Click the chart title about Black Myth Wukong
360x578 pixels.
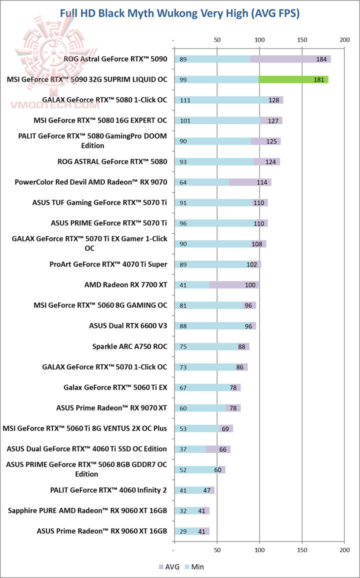tap(180, 13)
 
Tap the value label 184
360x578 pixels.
tap(321, 59)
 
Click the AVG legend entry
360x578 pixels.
tap(168, 566)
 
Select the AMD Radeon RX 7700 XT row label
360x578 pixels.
tap(125, 284)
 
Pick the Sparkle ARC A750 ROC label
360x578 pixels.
tap(129, 346)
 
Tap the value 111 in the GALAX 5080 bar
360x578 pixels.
tap(185, 100)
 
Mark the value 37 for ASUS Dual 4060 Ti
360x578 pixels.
tap(183, 449)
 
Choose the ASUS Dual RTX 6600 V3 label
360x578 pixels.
tap(128, 325)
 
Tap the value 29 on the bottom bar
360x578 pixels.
tap(183, 531)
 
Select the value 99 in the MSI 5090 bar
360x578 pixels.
tap(183, 79)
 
